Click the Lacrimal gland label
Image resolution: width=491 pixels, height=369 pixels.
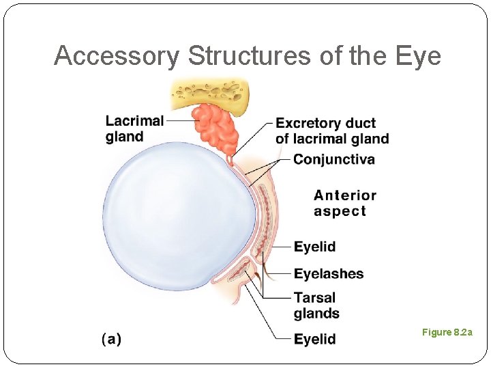[x=134, y=128]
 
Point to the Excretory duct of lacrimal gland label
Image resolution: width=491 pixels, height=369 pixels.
[x=332, y=131]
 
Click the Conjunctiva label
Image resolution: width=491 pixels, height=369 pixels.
[x=334, y=160]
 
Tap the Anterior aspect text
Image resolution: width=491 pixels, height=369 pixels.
[x=344, y=204]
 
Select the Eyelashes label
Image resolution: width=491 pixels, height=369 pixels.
[x=329, y=274]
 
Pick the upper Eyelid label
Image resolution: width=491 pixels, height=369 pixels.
[x=314, y=247]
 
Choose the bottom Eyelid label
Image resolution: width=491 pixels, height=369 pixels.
[x=314, y=339]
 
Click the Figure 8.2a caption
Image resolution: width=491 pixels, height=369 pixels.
[x=446, y=332]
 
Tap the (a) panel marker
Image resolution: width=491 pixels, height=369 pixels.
[x=111, y=339]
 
